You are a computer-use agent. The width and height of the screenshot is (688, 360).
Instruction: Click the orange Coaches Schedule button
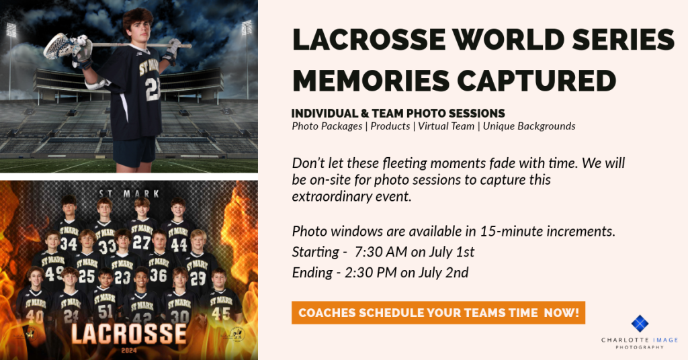(438, 312)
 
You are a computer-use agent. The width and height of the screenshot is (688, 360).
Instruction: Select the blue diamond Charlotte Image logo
(640, 324)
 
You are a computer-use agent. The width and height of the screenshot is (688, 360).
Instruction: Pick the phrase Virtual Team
(446, 126)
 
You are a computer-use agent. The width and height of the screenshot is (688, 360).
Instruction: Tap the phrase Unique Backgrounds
(529, 126)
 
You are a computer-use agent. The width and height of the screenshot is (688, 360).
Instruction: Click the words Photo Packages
(327, 126)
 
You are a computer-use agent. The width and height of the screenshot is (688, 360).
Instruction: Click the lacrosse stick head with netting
(58, 45)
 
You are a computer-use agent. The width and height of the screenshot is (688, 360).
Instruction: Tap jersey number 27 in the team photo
(141, 242)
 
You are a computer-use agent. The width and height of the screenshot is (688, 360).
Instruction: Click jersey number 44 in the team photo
(179, 244)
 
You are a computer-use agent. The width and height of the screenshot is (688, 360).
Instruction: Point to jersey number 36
(158, 275)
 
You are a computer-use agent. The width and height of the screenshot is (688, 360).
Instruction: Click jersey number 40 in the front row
(35, 316)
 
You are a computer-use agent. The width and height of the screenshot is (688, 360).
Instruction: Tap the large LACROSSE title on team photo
(128, 334)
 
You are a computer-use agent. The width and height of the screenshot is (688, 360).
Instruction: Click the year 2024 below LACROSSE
(129, 351)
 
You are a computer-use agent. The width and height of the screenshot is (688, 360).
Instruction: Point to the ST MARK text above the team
(129, 193)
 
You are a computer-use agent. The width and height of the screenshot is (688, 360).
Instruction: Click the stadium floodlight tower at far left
(11, 57)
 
